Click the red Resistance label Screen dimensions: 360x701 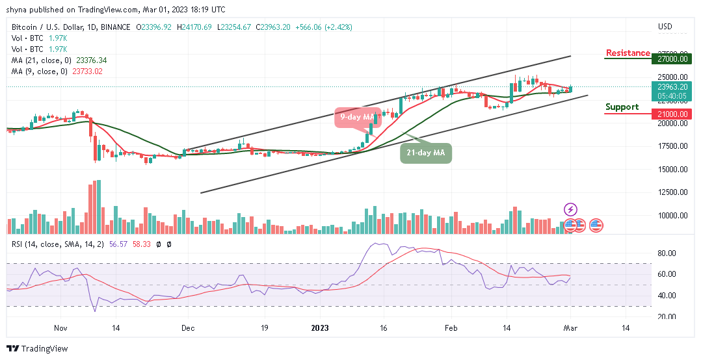628,53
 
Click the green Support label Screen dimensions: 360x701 622,107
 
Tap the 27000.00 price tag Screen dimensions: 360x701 670,58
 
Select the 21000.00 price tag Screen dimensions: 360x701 670,114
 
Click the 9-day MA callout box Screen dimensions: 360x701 356,117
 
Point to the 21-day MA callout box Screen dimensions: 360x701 425,153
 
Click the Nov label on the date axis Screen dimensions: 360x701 60,329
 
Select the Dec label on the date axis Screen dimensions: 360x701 188,329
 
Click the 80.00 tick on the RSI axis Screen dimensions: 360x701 667,253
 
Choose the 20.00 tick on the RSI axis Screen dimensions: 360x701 667,316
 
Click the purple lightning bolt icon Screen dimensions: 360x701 570,209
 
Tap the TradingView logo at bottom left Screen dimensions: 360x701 37,349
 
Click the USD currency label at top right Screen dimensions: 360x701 665,27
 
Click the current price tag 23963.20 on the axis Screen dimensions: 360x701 670,85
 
